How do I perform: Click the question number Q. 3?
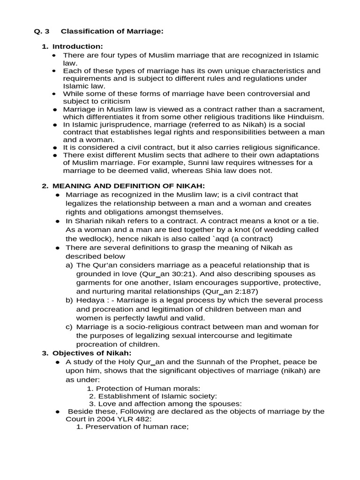[42, 31]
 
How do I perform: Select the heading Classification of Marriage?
[112, 31]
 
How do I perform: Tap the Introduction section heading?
[77, 46]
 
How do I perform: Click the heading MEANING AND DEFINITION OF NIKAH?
[128, 186]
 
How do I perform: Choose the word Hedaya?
[90, 300]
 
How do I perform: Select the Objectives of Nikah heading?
[92, 352]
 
